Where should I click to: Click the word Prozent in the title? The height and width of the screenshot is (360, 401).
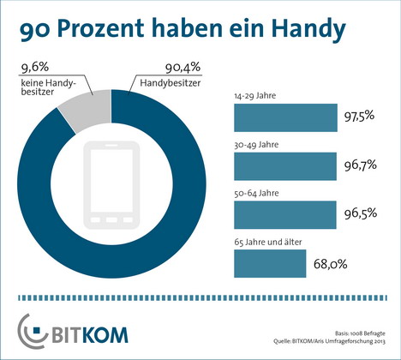(100, 28)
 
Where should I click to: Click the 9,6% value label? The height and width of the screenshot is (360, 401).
(35, 68)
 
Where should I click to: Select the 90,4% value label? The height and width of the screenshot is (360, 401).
(183, 68)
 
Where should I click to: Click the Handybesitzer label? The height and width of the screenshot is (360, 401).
(171, 83)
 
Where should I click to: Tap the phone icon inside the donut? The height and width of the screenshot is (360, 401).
(111, 185)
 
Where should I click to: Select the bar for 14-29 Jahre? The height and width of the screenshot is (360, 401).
(285, 117)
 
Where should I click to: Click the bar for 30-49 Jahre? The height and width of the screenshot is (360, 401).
(285, 166)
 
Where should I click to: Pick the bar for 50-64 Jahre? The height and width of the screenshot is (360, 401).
(285, 215)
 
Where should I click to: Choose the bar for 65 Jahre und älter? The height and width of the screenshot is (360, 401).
(270, 263)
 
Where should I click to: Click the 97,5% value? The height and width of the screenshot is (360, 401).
(359, 116)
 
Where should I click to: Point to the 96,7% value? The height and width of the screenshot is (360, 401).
(360, 165)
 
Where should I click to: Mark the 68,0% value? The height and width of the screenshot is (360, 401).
(331, 264)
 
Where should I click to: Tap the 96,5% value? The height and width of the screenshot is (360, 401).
(361, 213)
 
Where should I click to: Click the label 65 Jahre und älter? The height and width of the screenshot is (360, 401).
(268, 242)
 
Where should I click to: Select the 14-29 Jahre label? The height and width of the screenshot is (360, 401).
(255, 96)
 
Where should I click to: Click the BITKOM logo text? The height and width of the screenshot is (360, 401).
(90, 335)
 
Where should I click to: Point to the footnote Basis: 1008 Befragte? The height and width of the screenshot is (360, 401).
(360, 333)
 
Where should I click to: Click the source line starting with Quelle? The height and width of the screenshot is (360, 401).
(329, 341)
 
